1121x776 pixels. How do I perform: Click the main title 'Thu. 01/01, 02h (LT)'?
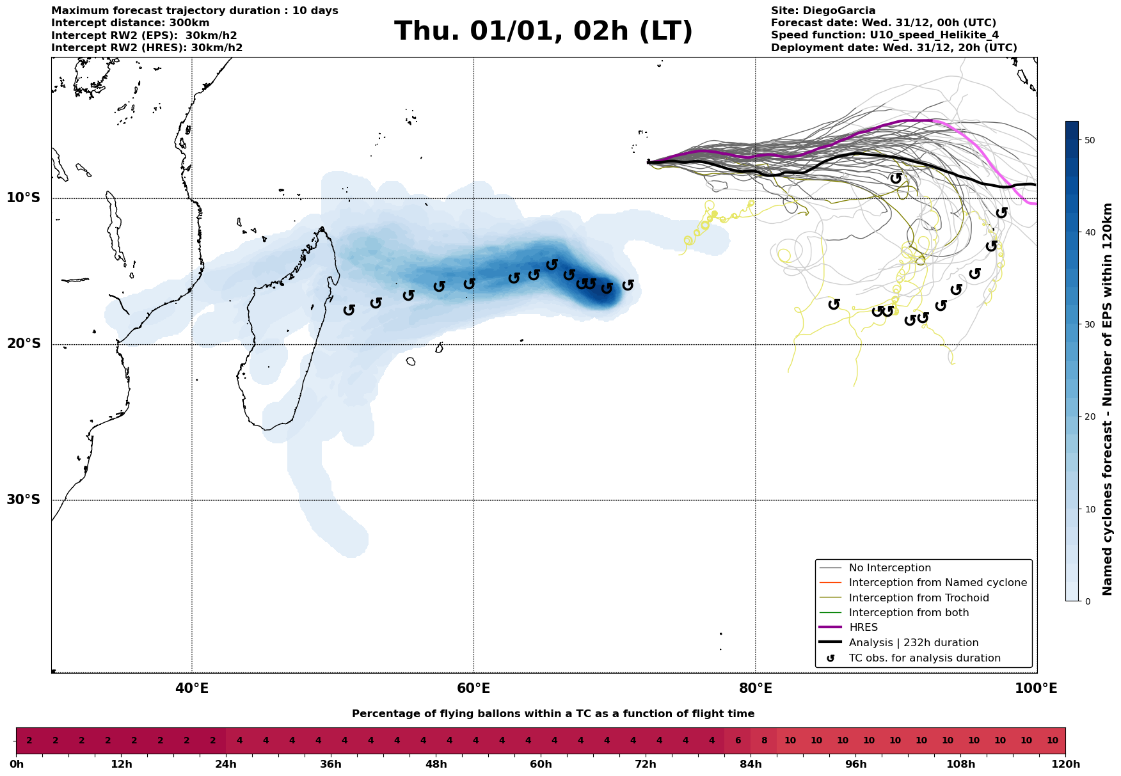click(543, 31)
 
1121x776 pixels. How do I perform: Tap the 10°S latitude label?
click(24, 197)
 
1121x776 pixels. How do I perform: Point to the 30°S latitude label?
click(24, 499)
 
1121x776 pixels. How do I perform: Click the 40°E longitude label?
click(192, 688)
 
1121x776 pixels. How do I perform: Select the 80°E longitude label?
click(755, 688)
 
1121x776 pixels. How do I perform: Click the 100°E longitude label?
click(1036, 688)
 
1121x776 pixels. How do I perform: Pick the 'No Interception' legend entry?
click(889, 568)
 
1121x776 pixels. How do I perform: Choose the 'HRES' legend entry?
click(863, 628)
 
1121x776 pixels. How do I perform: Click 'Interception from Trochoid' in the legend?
click(919, 598)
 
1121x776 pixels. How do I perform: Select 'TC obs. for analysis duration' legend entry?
click(925, 658)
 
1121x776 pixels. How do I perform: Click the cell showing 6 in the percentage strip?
click(738, 741)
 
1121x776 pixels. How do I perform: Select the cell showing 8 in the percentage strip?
click(764, 741)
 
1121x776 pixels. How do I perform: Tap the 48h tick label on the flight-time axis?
click(436, 764)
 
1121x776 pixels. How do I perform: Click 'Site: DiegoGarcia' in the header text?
click(823, 11)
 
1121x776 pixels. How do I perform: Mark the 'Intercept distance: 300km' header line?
click(130, 23)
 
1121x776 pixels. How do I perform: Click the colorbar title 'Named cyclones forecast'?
click(1108, 399)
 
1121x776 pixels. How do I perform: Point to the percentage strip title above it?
click(553, 714)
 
